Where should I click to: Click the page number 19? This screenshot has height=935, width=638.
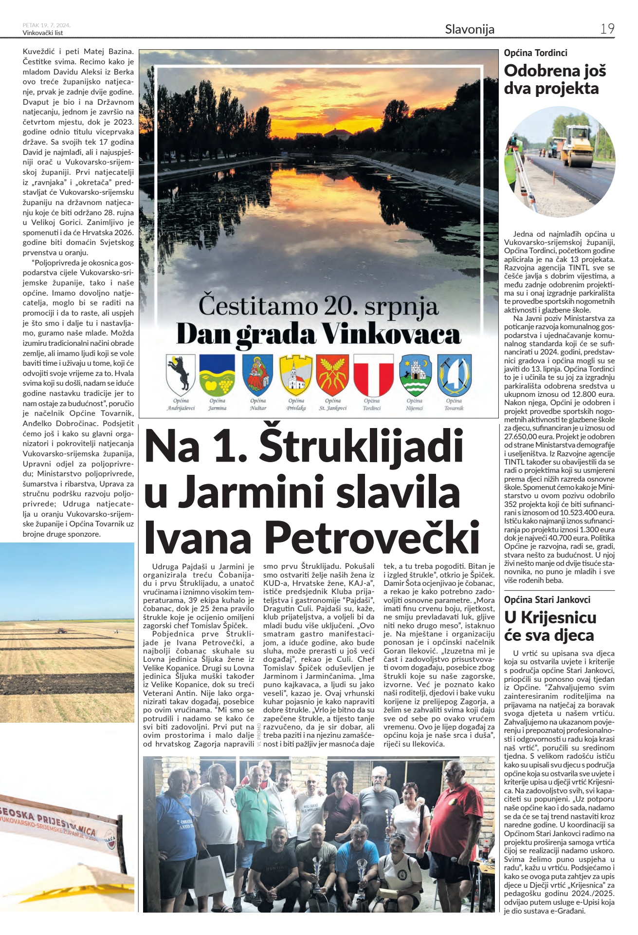click(x=607, y=29)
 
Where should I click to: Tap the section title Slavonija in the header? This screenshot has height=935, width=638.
click(x=470, y=29)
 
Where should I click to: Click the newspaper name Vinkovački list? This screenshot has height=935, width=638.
click(x=43, y=33)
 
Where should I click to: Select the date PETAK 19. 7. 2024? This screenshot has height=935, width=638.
click(x=47, y=25)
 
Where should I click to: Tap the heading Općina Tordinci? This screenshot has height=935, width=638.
click(x=535, y=53)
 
